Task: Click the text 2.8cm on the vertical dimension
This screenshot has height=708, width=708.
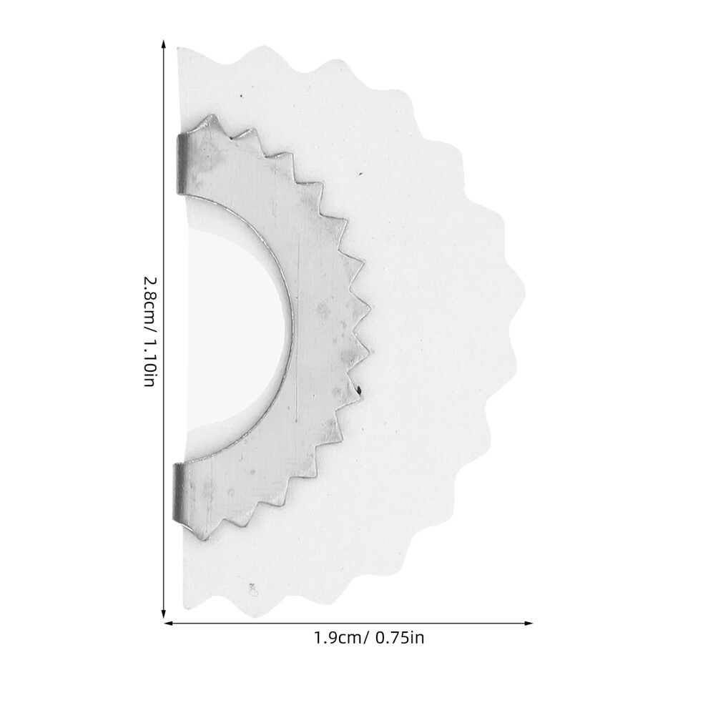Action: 150,298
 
